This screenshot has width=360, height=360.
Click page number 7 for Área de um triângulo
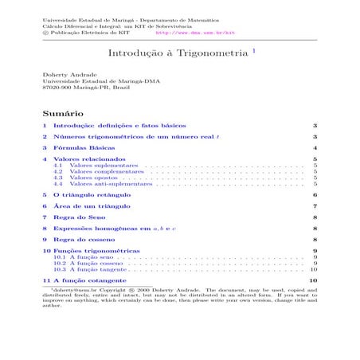316,205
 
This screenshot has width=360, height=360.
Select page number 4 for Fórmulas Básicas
316,148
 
